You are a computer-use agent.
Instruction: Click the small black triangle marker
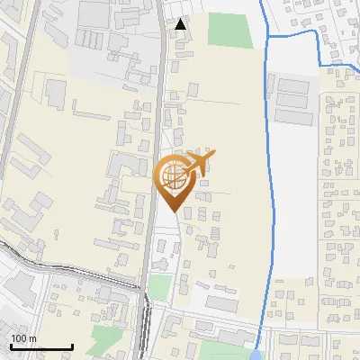(x=181, y=24)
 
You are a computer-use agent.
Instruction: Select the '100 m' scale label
(x=23, y=338)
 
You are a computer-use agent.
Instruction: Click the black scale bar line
(x=40, y=346)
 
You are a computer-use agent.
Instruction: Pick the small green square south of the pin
(x=159, y=287)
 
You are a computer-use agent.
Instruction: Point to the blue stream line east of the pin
(x=267, y=180)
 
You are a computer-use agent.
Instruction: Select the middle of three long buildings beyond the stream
(x=292, y=101)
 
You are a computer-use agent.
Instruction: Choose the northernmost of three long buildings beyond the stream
(x=292, y=85)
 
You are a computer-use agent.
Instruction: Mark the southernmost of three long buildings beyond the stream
(x=292, y=117)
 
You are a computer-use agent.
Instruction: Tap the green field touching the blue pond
(x=225, y=350)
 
